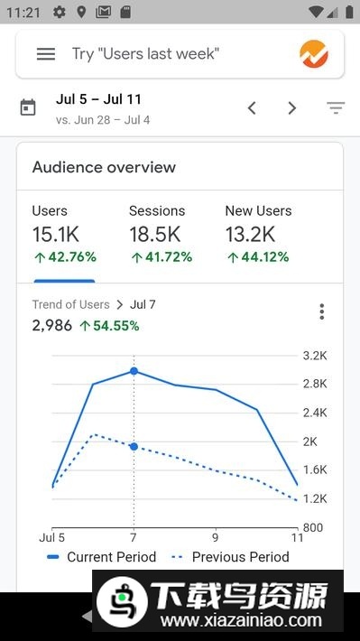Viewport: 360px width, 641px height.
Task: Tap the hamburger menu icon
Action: point(46,54)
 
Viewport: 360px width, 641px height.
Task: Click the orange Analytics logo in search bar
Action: point(314,54)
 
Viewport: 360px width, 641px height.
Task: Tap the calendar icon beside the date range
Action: point(28,108)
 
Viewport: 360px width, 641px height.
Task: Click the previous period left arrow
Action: point(252,108)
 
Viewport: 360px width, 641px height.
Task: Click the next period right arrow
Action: point(291,108)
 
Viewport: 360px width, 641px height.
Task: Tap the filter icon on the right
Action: point(336,108)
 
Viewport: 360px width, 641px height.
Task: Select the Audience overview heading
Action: point(104,167)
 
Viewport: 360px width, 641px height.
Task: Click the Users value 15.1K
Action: point(55,235)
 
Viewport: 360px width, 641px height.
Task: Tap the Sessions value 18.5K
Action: point(154,235)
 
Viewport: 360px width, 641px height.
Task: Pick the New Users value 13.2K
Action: point(250,235)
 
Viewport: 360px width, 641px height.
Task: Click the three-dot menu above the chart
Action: point(321,312)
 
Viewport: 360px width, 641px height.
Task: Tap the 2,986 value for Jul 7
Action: point(51,326)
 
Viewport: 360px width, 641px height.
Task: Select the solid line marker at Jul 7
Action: point(134,371)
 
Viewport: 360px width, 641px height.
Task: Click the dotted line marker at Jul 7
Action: point(134,447)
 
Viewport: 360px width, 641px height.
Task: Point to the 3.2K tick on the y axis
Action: point(314,356)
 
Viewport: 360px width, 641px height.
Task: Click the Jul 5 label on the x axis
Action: point(51,535)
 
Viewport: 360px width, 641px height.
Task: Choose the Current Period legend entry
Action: point(101,557)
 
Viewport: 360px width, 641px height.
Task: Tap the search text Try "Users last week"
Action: point(145,54)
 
